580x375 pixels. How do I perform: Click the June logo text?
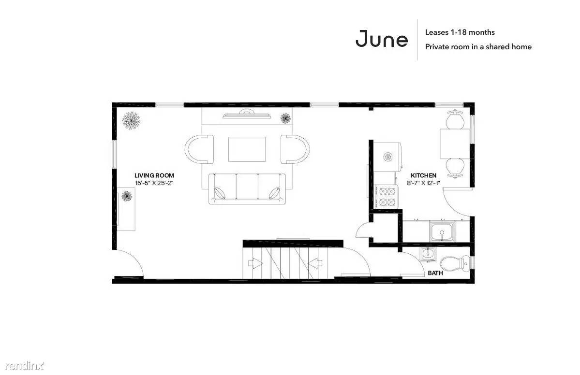(382, 39)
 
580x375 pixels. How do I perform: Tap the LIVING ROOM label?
(154, 175)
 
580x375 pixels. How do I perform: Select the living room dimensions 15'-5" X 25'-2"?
(154, 183)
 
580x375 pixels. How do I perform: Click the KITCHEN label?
(424, 175)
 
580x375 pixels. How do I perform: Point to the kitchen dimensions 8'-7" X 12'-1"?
(424, 183)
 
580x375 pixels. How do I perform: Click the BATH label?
(435, 273)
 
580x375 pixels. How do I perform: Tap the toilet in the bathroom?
(453, 263)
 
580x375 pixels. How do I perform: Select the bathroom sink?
(428, 254)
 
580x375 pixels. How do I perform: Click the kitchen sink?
(443, 231)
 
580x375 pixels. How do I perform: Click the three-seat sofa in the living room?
(248, 189)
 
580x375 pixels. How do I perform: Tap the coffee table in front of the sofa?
(247, 149)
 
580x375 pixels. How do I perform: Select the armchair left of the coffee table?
(199, 149)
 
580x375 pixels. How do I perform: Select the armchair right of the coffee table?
(295, 149)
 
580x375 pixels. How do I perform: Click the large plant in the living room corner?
(131, 120)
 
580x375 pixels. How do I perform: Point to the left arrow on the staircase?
(255, 263)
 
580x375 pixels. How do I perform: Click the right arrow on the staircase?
(315, 263)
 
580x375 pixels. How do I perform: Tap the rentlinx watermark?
(24, 366)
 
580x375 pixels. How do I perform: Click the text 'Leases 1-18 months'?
(460, 32)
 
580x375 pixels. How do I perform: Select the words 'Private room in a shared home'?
(478, 47)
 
